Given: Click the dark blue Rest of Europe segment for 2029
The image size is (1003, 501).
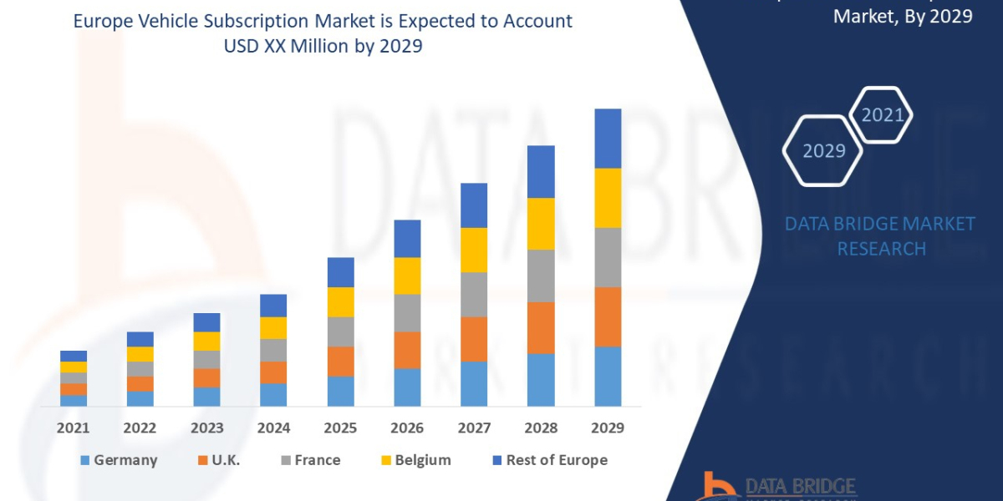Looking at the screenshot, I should (x=608, y=139).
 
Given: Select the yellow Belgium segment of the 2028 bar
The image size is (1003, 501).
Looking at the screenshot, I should (x=541, y=224).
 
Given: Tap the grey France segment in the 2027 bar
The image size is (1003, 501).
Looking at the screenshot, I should (x=474, y=295).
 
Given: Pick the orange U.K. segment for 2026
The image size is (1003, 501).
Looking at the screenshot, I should (x=407, y=350).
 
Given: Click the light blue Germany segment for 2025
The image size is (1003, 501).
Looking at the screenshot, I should (x=340, y=391).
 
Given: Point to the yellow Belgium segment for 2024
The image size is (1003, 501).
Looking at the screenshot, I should (x=273, y=328).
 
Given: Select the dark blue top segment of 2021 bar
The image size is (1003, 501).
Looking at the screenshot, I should (x=74, y=356).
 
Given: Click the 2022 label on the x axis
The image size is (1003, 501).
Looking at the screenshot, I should (x=140, y=428).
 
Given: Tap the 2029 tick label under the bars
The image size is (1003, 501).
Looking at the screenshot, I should (x=608, y=428).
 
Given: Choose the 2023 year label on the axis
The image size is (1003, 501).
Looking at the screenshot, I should (x=206, y=428).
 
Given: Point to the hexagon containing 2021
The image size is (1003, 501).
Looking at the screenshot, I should (x=881, y=115).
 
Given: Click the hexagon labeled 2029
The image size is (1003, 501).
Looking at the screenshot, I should (x=822, y=151).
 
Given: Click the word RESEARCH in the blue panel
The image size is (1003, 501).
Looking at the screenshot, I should (x=881, y=249).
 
